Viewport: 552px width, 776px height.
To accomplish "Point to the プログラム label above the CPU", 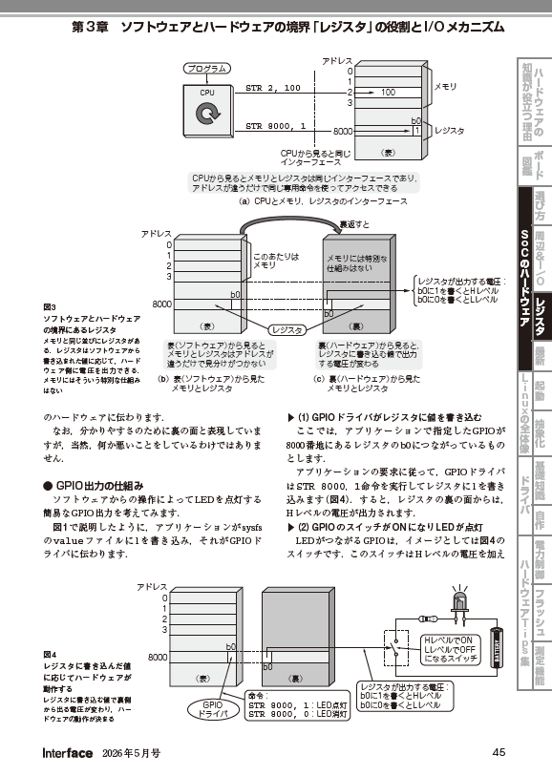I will click(x=206, y=69).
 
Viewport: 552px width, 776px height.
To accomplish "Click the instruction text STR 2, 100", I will click(x=273, y=88).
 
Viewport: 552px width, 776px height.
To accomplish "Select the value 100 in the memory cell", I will click(x=387, y=92).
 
